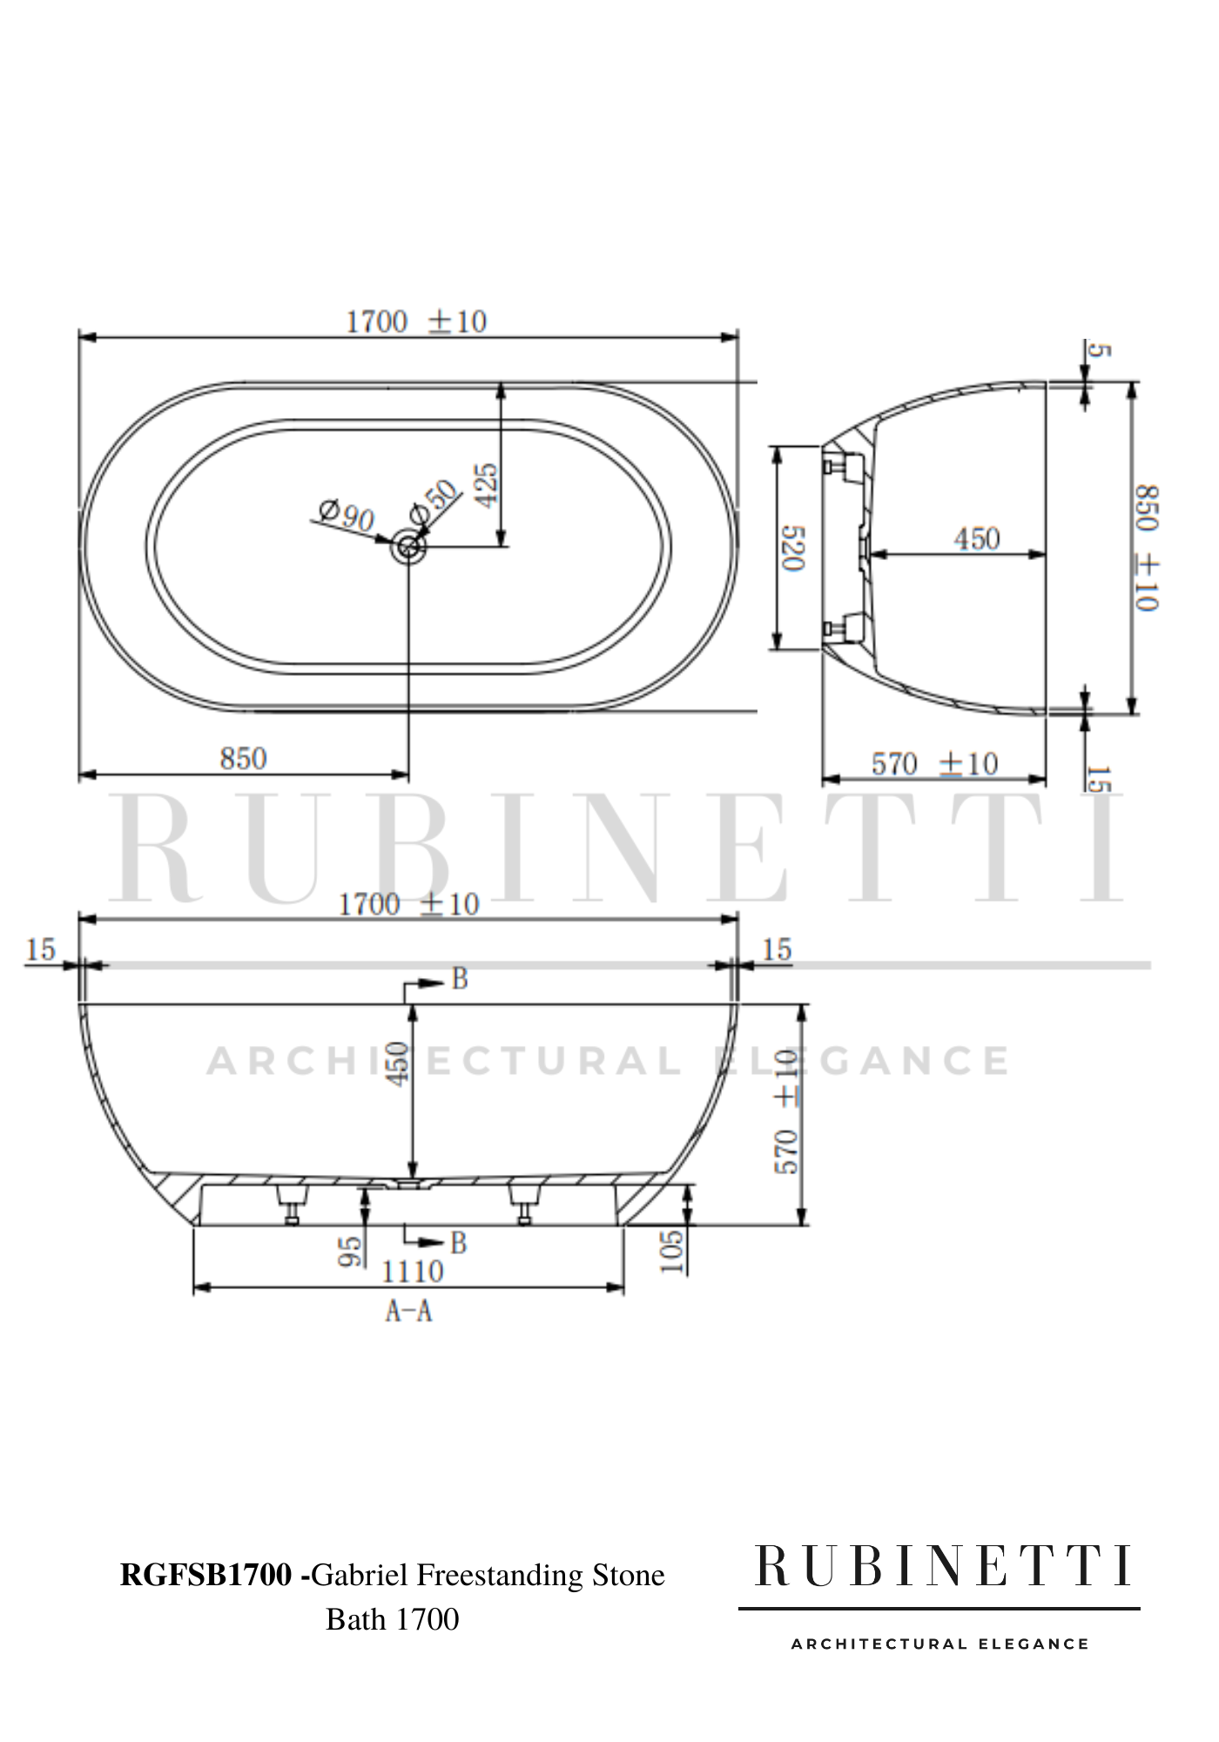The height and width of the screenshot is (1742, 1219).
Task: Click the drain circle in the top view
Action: point(408,547)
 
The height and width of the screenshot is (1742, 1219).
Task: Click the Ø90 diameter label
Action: point(346,516)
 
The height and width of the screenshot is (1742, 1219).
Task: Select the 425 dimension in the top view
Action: point(487,484)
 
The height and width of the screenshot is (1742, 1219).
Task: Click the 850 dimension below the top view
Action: point(243,759)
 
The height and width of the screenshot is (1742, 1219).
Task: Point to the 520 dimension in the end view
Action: point(793,548)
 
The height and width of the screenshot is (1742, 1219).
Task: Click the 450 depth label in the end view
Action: point(976,539)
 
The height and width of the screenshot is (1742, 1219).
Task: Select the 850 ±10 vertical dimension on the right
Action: point(1147,548)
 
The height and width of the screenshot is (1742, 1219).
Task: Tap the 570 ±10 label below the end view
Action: point(934,765)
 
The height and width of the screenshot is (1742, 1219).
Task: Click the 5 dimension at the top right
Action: point(1100,350)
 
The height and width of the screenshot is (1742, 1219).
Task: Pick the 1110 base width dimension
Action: point(412,1273)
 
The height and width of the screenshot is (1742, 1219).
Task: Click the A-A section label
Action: point(408,1311)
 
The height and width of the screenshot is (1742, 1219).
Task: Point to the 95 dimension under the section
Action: point(350,1252)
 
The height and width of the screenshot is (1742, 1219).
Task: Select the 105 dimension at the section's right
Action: point(671,1252)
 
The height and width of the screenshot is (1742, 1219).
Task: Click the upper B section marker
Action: point(459,980)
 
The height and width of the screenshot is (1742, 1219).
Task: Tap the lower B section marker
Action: point(458,1243)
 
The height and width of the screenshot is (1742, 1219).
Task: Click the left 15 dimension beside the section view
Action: point(40,949)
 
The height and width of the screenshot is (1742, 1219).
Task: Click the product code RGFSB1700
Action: point(205,1576)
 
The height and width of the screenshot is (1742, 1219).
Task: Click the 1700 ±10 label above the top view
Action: point(416,322)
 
